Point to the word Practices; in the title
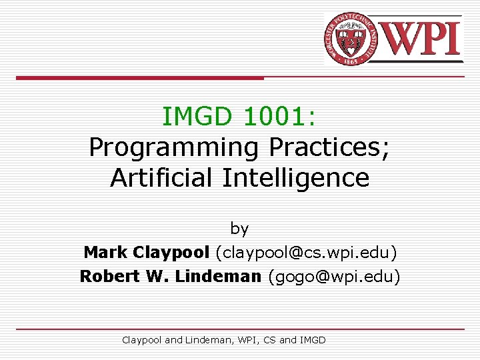click(x=330, y=147)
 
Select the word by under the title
click(x=239, y=229)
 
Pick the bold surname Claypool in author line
click(x=171, y=253)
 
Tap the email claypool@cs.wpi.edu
click(x=306, y=253)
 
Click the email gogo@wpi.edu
click(x=334, y=276)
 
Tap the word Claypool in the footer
click(x=141, y=340)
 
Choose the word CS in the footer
click(x=269, y=340)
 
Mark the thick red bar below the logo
click(x=140, y=78)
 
